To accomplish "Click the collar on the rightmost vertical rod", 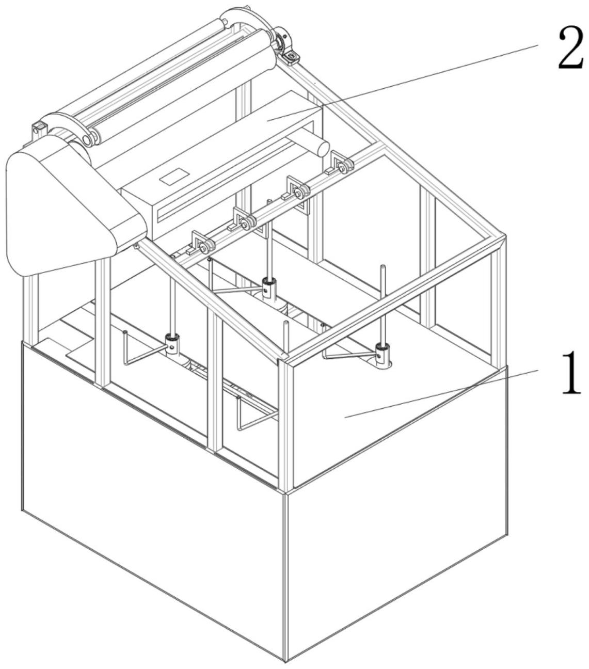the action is coord(383,353).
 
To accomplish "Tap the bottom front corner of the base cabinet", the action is coord(284,661).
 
